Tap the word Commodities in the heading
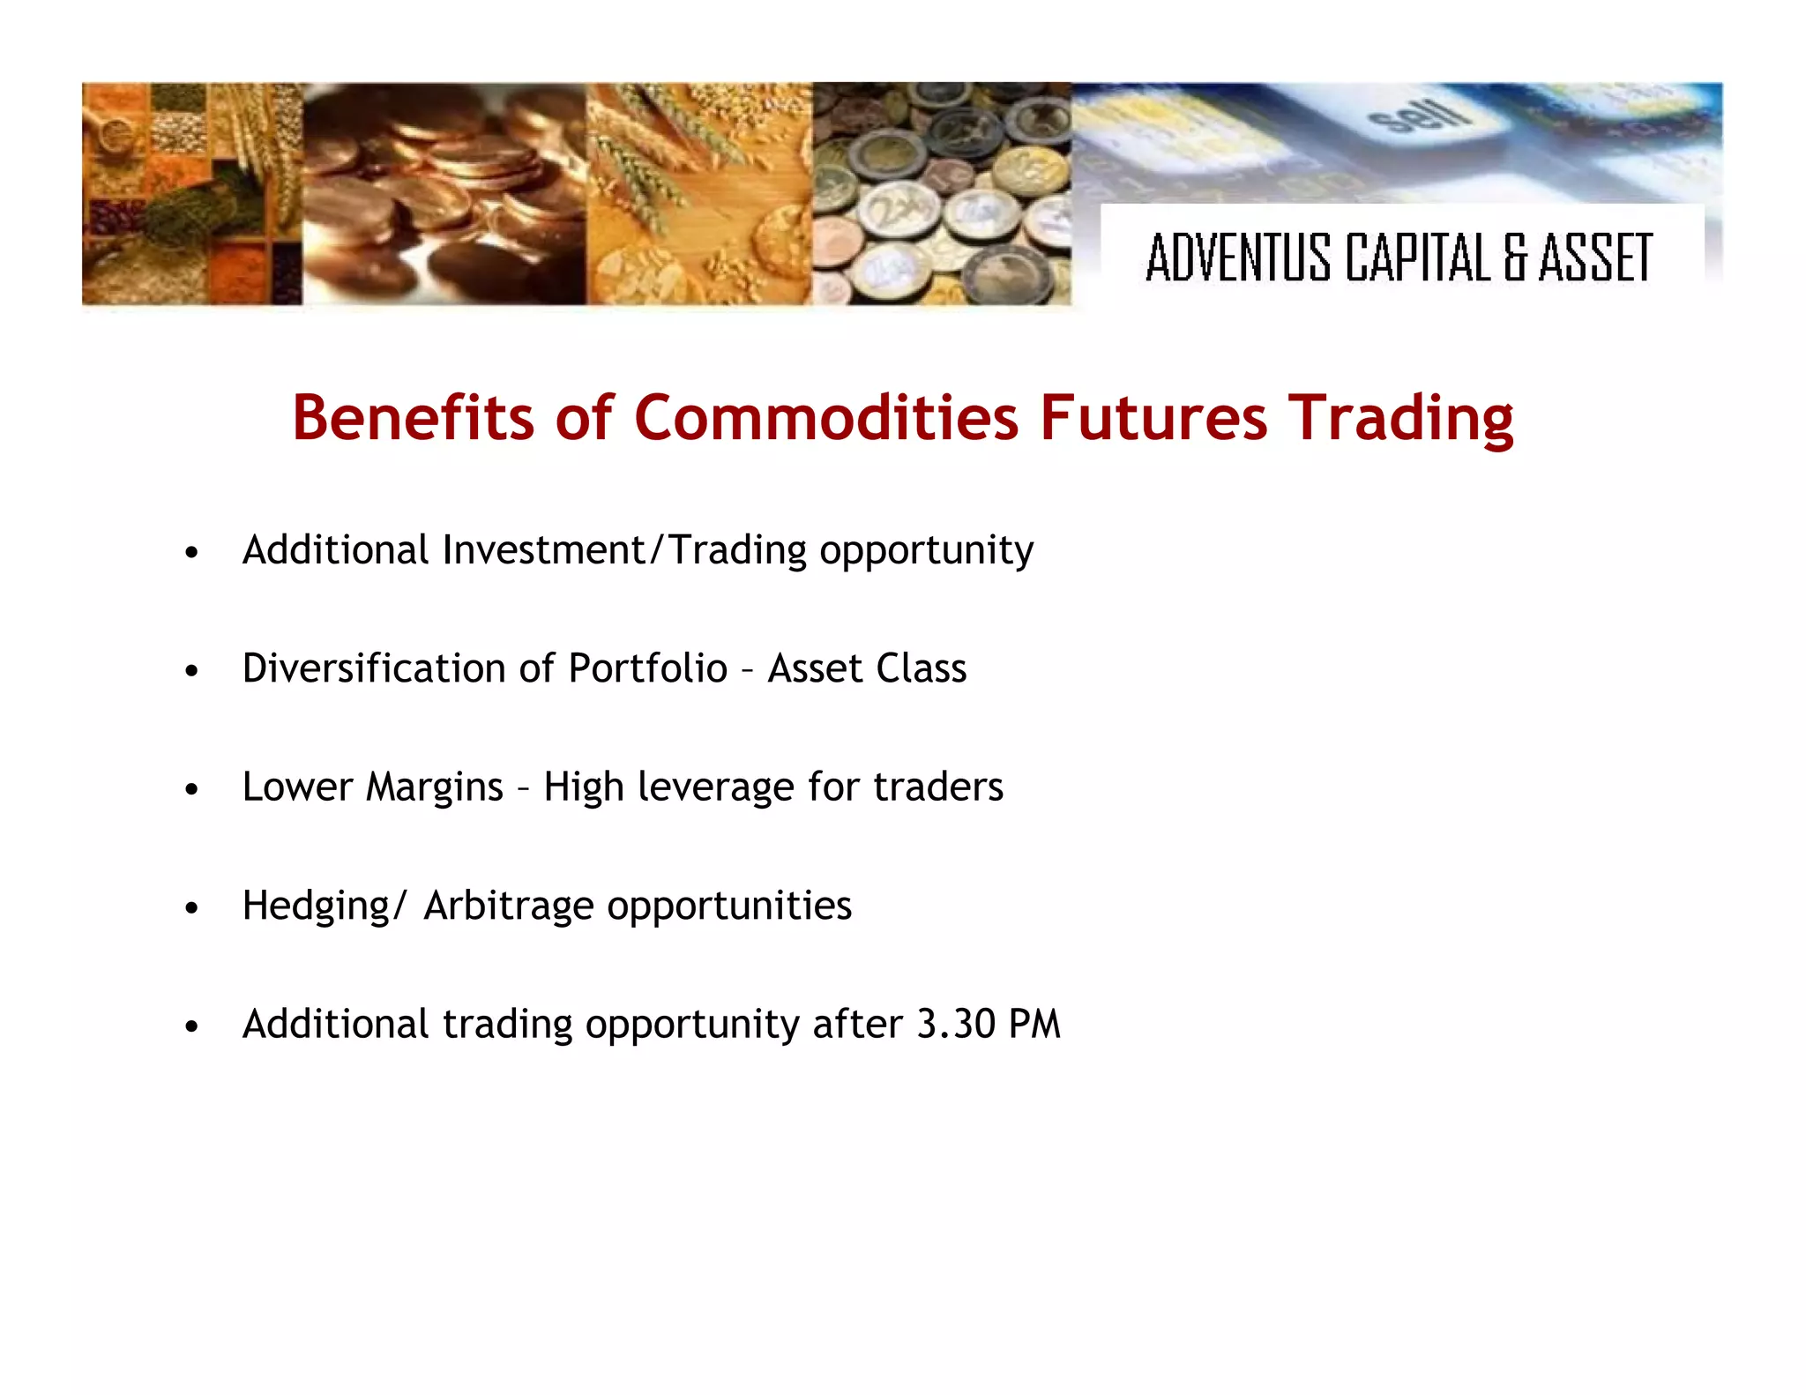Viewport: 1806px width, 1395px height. tap(826, 417)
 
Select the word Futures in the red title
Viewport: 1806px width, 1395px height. tap(1153, 417)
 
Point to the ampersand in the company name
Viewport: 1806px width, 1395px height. tap(1515, 257)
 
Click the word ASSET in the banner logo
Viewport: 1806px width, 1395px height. tap(1594, 257)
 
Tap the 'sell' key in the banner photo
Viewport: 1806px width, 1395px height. tap(1420, 115)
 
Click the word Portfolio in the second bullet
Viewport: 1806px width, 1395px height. tap(647, 668)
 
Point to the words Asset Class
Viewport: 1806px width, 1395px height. tap(867, 668)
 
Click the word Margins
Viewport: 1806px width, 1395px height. tap(434, 787)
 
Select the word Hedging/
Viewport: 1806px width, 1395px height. tap(324, 906)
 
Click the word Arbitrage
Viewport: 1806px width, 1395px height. tap(508, 906)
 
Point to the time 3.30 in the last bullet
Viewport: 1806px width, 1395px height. tap(956, 1024)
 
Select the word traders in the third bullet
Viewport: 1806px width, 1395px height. tap(937, 787)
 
